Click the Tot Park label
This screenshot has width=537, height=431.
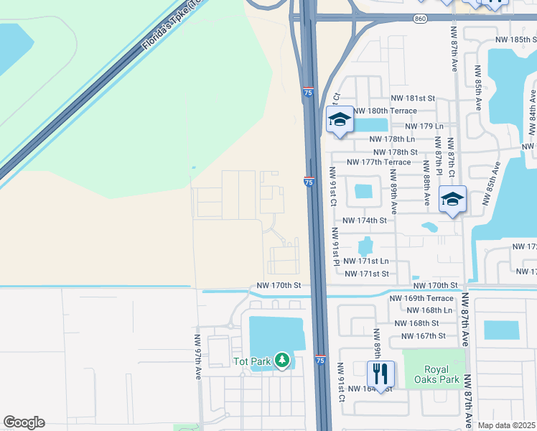(x=251, y=361)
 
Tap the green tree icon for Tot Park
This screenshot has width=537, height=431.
(x=283, y=360)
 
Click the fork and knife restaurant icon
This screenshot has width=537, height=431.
(x=380, y=373)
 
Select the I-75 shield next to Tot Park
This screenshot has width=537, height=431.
(x=320, y=359)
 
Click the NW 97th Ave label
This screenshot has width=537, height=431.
(x=199, y=356)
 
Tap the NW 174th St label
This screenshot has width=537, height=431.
(x=365, y=221)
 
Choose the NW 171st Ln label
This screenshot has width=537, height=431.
(x=366, y=261)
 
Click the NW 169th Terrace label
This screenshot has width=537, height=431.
(x=421, y=298)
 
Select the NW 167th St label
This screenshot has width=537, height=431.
(x=424, y=335)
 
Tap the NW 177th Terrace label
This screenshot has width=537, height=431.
(x=378, y=162)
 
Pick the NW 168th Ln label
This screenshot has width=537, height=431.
(x=429, y=310)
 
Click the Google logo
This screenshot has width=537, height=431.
(x=24, y=422)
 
